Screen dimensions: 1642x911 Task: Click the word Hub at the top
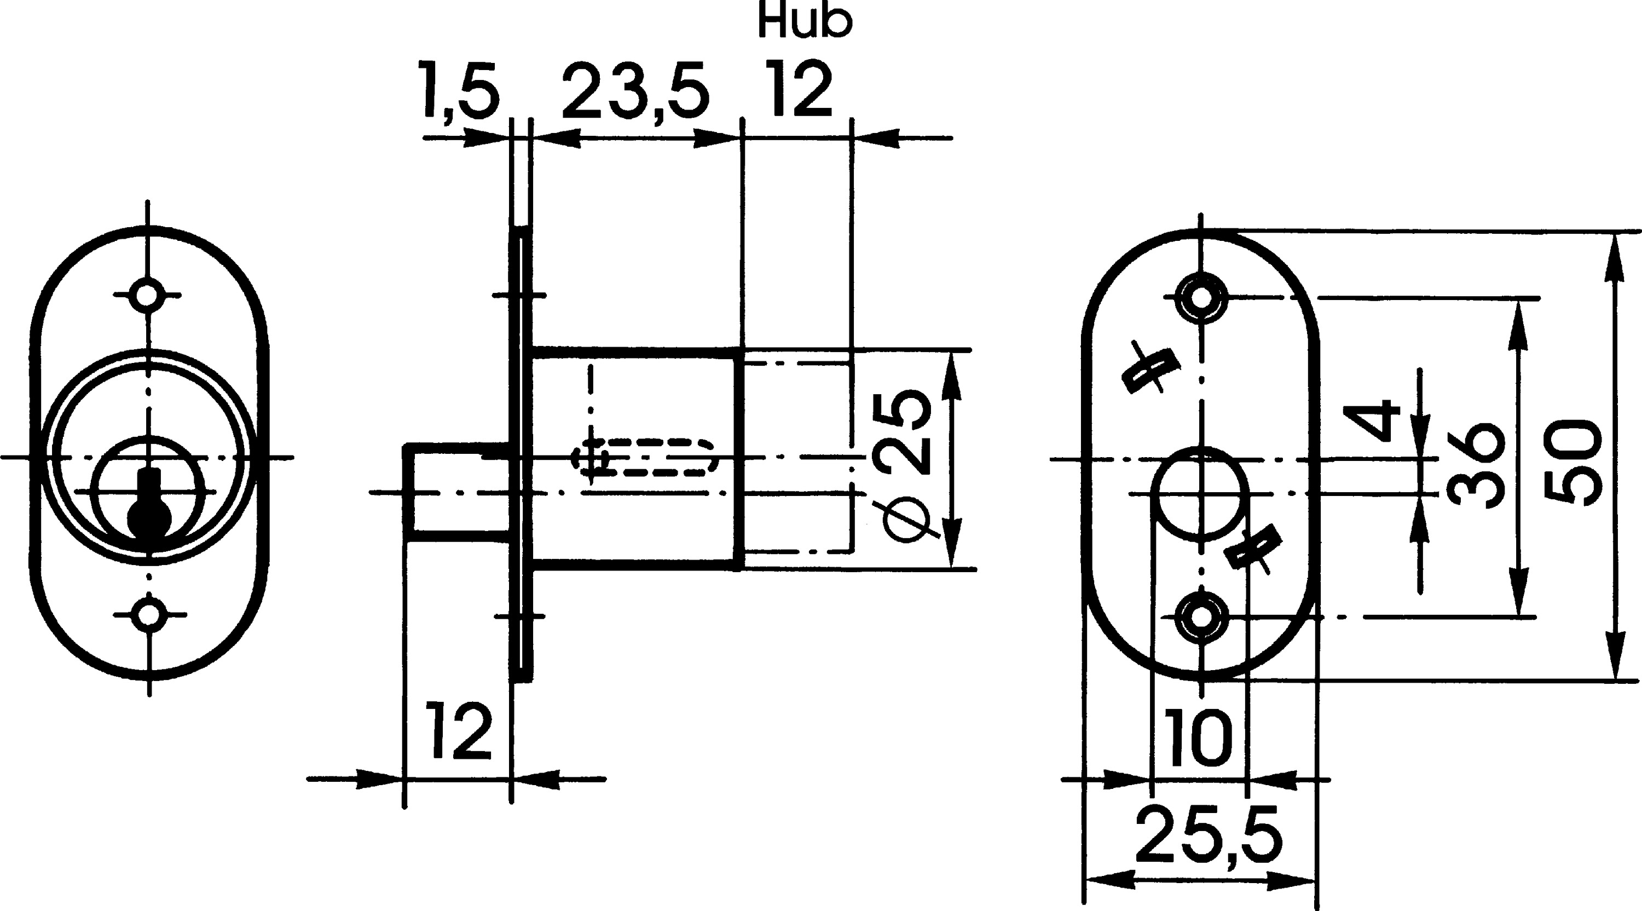point(805,22)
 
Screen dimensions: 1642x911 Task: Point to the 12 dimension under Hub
point(801,90)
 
